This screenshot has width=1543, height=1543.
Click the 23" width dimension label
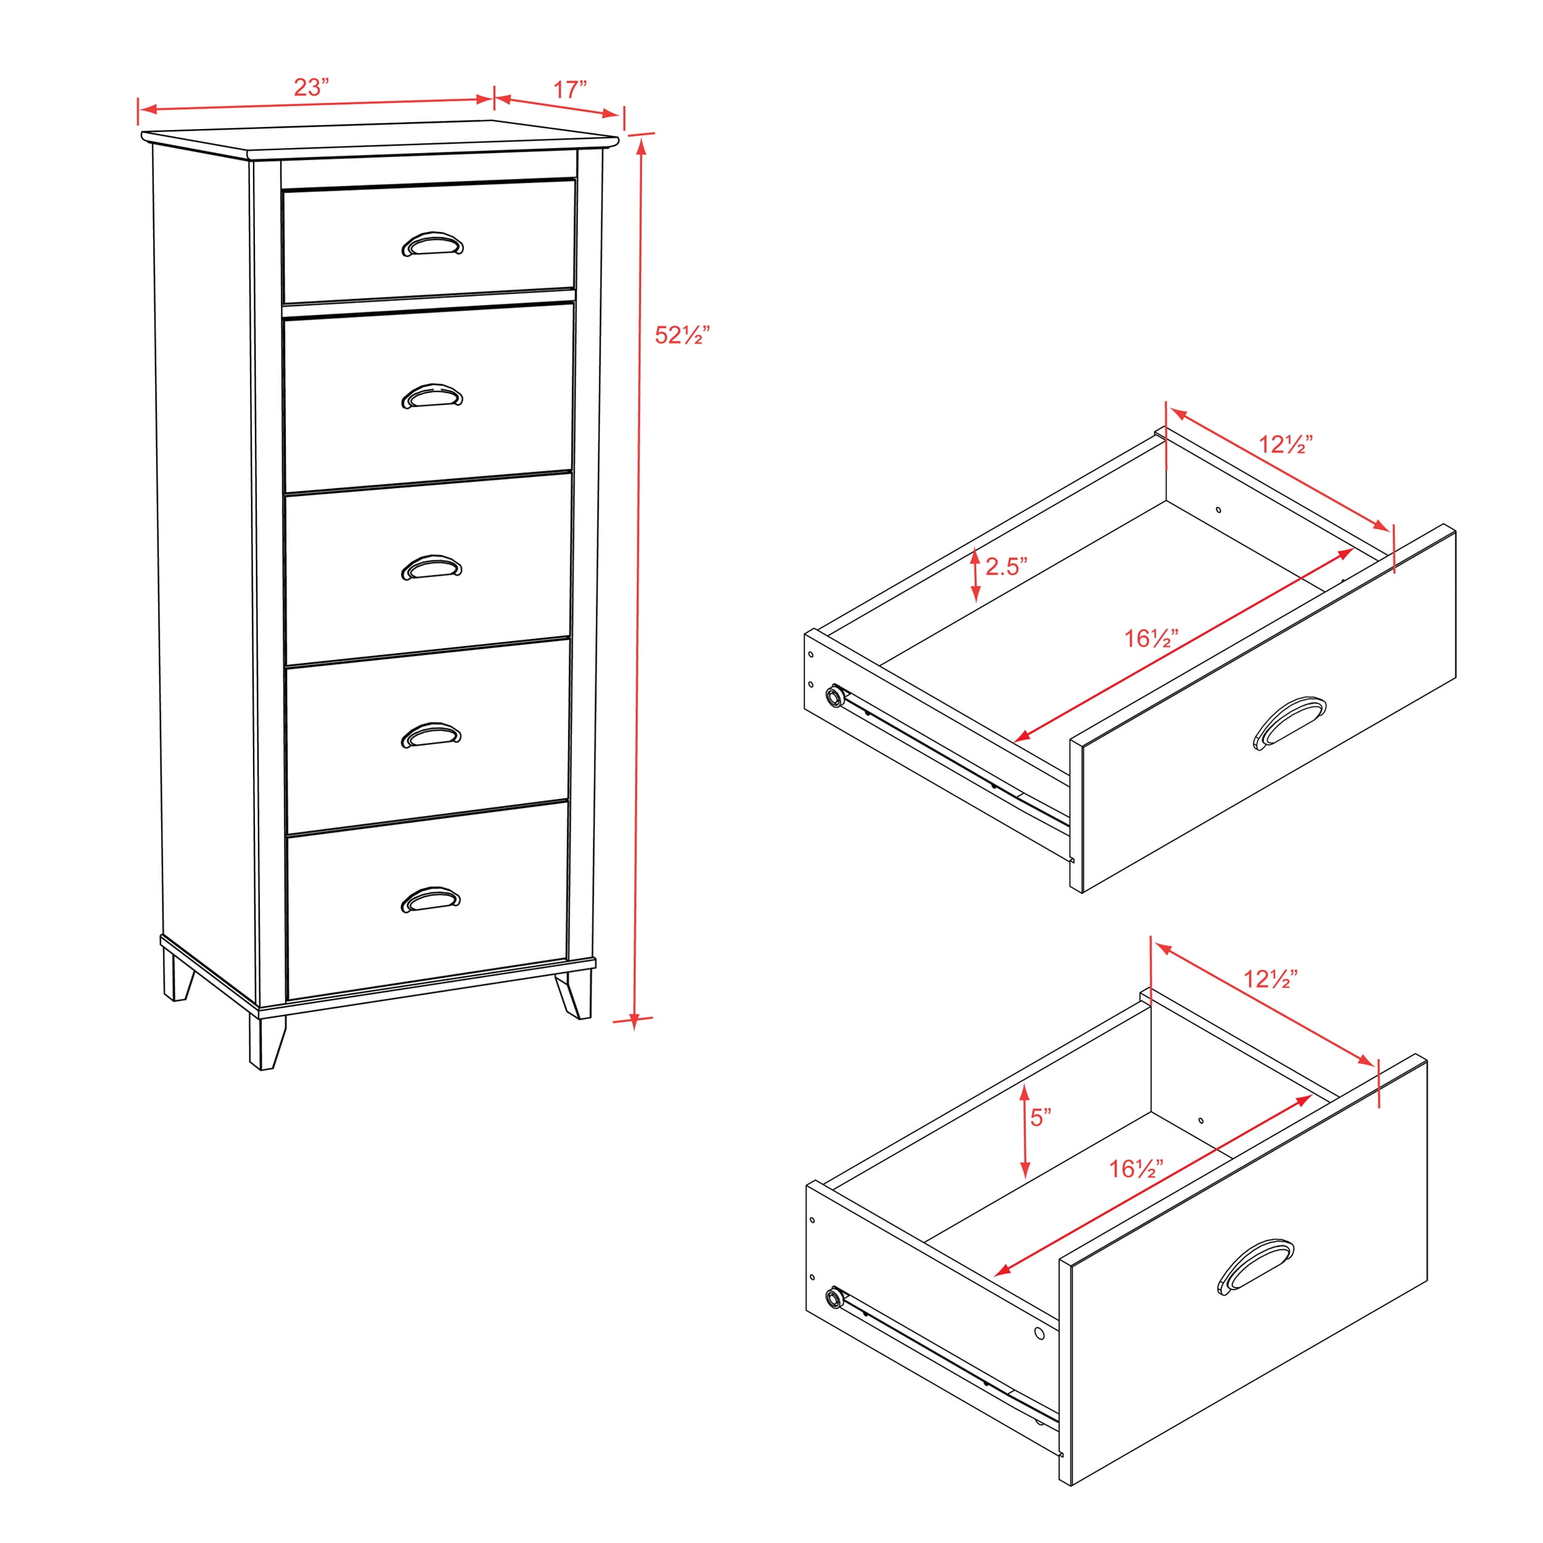[x=312, y=87]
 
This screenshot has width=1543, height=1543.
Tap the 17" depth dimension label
[x=570, y=89]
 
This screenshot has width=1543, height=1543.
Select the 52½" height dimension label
[x=682, y=335]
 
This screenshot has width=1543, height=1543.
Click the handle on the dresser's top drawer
[x=432, y=244]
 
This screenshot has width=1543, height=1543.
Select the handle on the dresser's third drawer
[x=432, y=567]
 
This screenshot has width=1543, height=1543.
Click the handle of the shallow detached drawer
[x=1290, y=722]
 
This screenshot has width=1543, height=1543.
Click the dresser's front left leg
[x=266, y=1042]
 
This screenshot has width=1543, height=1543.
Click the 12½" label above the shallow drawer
[x=1286, y=444]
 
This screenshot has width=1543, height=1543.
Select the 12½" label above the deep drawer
[x=1270, y=978]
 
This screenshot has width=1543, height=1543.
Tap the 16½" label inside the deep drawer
[x=1136, y=1168]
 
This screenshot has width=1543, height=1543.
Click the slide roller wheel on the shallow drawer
[x=836, y=696]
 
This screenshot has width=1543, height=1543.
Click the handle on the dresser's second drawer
[x=432, y=396]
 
